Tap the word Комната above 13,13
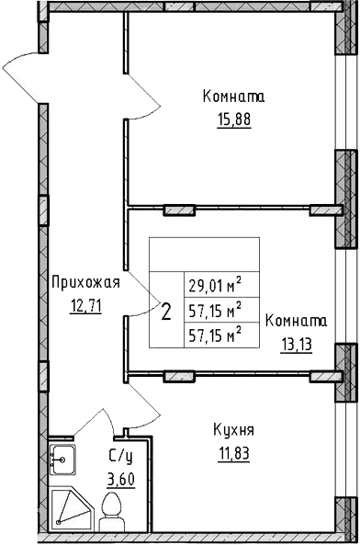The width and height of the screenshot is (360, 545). (297, 321)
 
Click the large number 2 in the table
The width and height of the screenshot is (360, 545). (165, 311)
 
